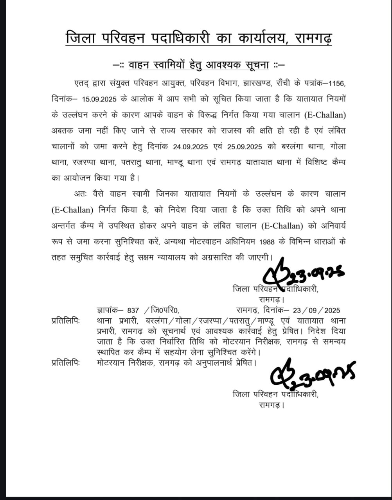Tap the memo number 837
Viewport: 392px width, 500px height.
point(133,311)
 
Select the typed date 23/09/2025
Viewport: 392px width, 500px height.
point(316,311)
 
